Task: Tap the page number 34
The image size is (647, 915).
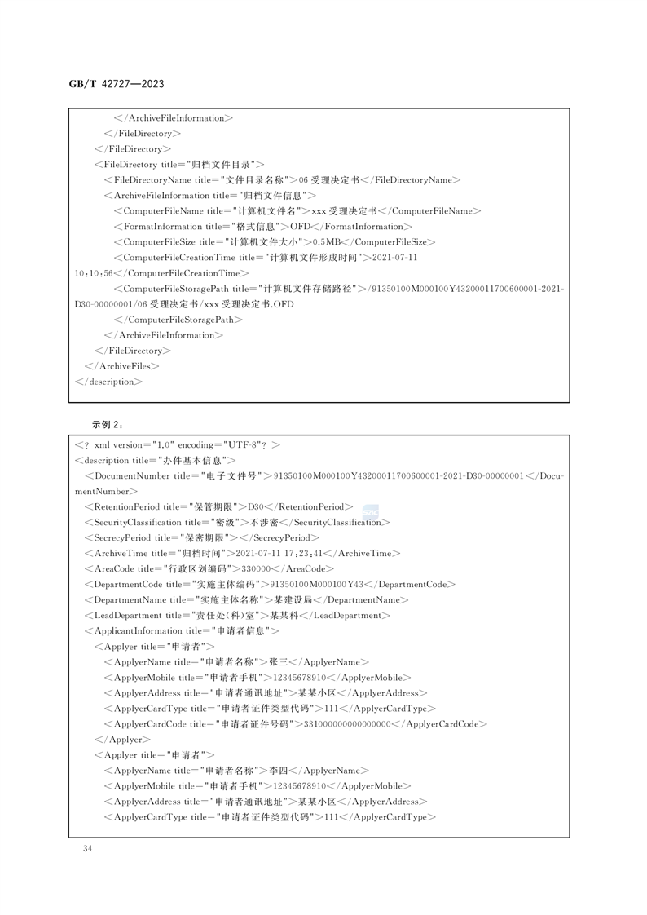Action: (87, 849)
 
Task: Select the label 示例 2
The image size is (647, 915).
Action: (106, 424)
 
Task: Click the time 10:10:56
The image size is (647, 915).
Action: (94, 273)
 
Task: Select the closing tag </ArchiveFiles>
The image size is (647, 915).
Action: (122, 366)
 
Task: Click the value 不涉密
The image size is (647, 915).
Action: (263, 522)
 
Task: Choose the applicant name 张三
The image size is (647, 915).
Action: (279, 661)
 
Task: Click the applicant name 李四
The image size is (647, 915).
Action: (279, 771)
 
